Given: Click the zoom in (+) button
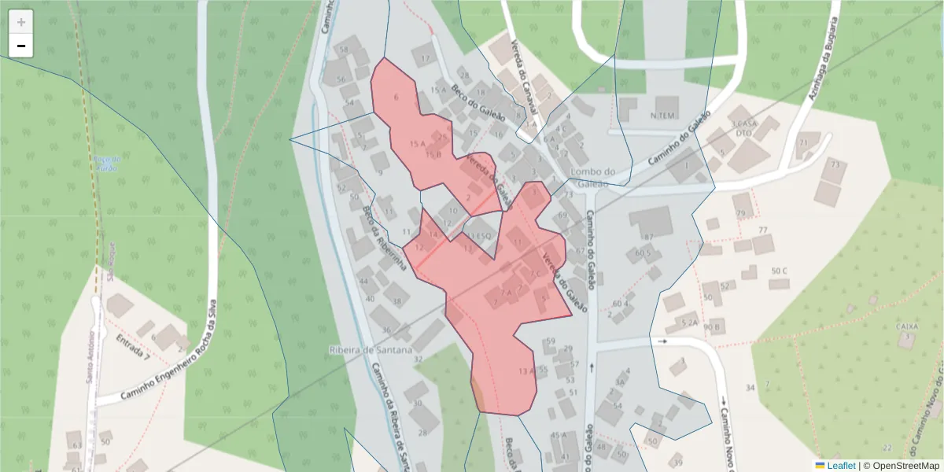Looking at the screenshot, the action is [21, 22].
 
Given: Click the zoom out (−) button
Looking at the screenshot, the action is [21, 46].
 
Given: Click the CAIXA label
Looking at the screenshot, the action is [907, 326].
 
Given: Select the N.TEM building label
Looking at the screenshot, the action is [663, 116].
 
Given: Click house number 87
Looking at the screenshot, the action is [649, 237].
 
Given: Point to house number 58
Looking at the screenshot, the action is [343, 50].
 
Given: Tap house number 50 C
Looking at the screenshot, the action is [779, 271].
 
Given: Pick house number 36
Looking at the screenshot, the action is [386, 330].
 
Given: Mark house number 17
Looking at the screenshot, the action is [426, 59].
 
